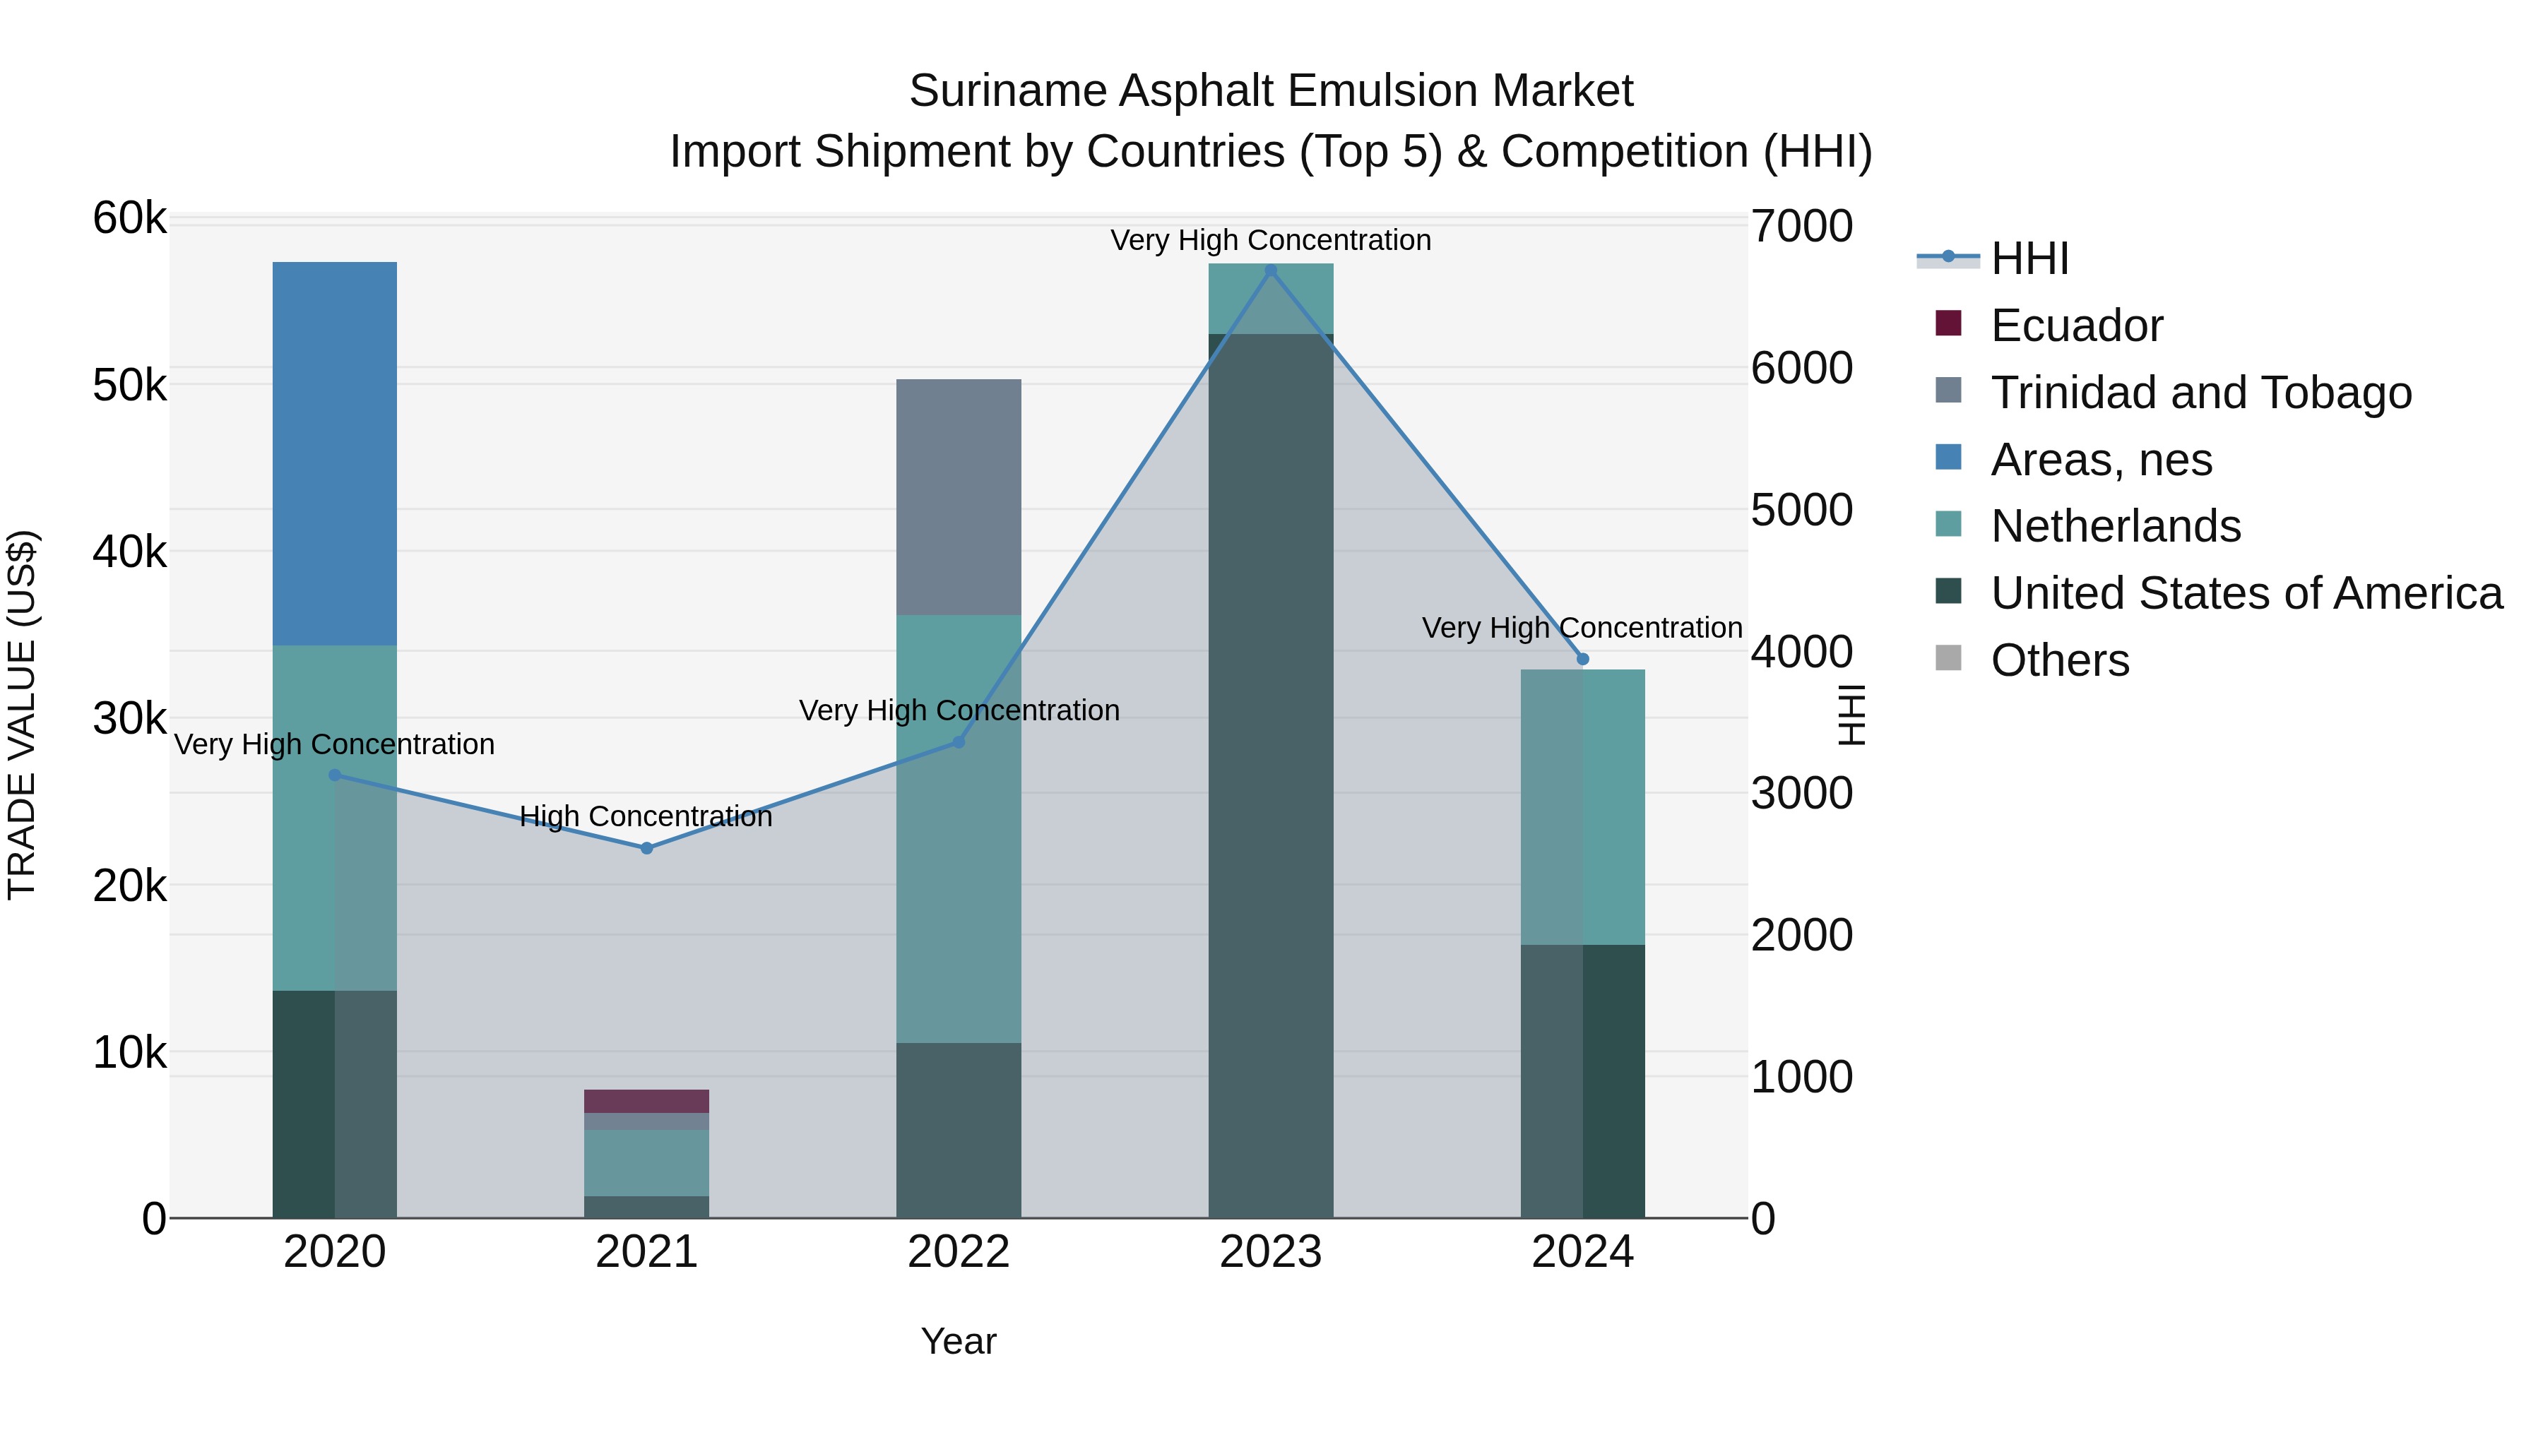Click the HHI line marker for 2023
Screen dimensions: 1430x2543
pyautogui.click(x=1271, y=270)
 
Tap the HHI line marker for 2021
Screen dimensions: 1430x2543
pyautogui.click(x=646, y=847)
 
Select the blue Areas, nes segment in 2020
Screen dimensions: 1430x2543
pyautogui.click(x=335, y=454)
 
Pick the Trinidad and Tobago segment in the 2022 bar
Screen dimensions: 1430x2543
pyautogui.click(x=959, y=497)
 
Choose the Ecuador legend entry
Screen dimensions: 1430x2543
pyautogui.click(x=2076, y=326)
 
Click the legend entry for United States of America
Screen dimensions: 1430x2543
pyautogui.click(x=2246, y=593)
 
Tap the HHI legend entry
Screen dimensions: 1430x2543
pyautogui.click(x=2029, y=258)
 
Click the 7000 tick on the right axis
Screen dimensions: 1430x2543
pyautogui.click(x=1801, y=226)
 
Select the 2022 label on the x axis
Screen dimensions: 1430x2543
pyautogui.click(x=959, y=1252)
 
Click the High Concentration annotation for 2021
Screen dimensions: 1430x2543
pyautogui.click(x=646, y=816)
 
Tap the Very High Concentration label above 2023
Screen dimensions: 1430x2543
pyautogui.click(x=1271, y=240)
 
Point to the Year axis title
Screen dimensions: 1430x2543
pyautogui.click(x=959, y=1341)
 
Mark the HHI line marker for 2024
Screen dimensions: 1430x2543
pyautogui.click(x=1582, y=658)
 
